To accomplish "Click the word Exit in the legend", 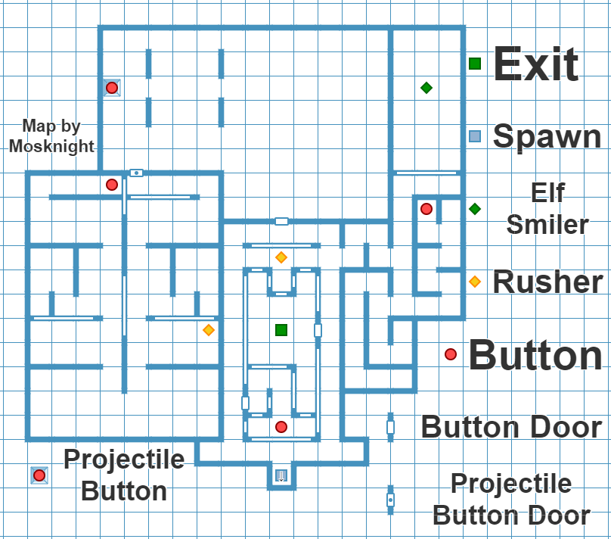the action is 535,64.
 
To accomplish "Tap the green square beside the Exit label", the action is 475,64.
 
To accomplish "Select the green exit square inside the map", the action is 281,329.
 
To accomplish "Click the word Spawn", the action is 547,137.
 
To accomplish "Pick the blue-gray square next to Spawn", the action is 475,136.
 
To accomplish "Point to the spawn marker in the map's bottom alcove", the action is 281,475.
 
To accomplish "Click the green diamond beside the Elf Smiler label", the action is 475,209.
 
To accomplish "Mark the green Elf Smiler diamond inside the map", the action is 426,88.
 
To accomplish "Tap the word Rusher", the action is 547,282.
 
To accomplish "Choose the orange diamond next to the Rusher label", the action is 475,282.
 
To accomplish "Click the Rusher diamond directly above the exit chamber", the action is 281,257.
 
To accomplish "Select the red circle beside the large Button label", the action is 451,354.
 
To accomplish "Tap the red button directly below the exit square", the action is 281,427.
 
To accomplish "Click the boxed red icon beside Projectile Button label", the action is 39,475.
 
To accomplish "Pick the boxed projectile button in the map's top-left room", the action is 112,88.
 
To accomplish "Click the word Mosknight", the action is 51,146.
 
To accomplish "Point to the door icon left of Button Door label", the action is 390,427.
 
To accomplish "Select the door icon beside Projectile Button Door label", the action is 390,500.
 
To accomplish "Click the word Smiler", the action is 547,225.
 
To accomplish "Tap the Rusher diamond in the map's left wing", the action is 209,330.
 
